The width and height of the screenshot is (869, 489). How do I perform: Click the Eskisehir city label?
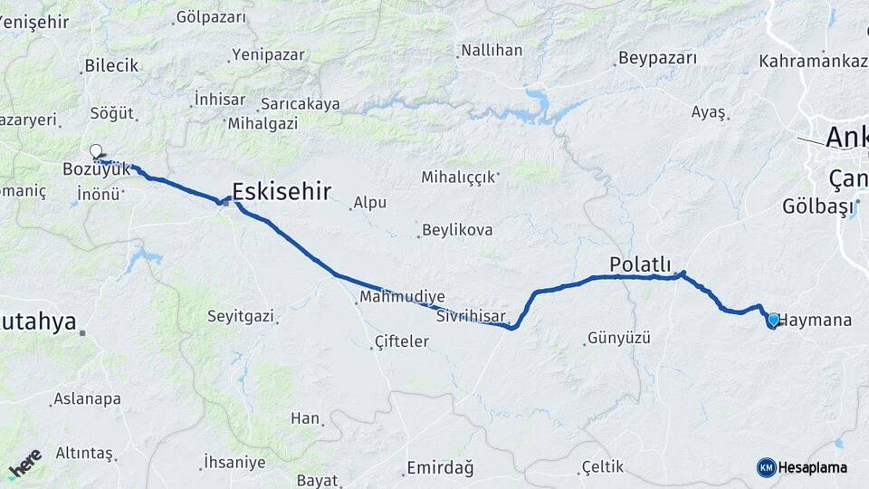coord(282,191)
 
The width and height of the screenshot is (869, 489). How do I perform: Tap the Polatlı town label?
coord(640,264)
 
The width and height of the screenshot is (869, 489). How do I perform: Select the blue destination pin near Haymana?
coord(772,320)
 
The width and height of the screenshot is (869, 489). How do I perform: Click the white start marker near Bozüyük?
coord(96,151)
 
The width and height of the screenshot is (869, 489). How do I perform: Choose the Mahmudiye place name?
coord(402,296)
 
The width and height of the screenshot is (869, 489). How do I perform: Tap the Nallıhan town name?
coord(492,51)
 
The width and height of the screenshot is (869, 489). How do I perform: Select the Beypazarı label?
coord(658,59)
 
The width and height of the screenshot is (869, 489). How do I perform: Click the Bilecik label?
coord(111,65)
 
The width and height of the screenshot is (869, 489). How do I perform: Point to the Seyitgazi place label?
coord(240,317)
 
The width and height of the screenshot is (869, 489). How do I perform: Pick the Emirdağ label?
coord(440,467)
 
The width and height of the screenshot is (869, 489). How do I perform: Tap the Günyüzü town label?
coord(619,339)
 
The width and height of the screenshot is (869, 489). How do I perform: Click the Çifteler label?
coord(402,341)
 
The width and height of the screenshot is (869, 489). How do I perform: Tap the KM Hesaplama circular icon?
coord(766,467)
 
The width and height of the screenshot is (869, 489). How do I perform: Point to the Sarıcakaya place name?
coord(300,104)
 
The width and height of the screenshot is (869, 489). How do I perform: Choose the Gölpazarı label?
coord(211,16)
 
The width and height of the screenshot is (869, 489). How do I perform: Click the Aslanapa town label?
coord(87,398)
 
